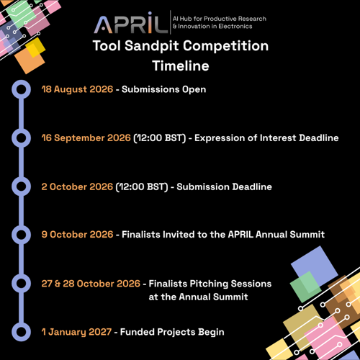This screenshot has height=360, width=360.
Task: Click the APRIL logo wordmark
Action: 130,23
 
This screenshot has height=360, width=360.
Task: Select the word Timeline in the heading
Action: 181,66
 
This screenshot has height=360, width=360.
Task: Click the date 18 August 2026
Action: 77,89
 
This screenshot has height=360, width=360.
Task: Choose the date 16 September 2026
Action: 86,138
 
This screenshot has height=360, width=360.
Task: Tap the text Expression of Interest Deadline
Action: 266,138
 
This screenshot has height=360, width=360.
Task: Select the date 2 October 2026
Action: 77,186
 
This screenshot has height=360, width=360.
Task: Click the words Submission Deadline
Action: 224,186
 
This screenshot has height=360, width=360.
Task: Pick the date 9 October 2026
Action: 77,235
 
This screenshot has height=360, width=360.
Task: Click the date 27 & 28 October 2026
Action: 91,284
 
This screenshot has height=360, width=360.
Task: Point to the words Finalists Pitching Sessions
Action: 210,284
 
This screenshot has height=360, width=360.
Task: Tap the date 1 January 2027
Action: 76,332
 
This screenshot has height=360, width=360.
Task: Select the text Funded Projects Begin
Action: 172,333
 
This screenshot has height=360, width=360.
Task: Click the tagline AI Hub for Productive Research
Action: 220,19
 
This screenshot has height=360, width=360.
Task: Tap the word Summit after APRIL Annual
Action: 307,235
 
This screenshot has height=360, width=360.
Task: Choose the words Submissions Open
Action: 163,89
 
